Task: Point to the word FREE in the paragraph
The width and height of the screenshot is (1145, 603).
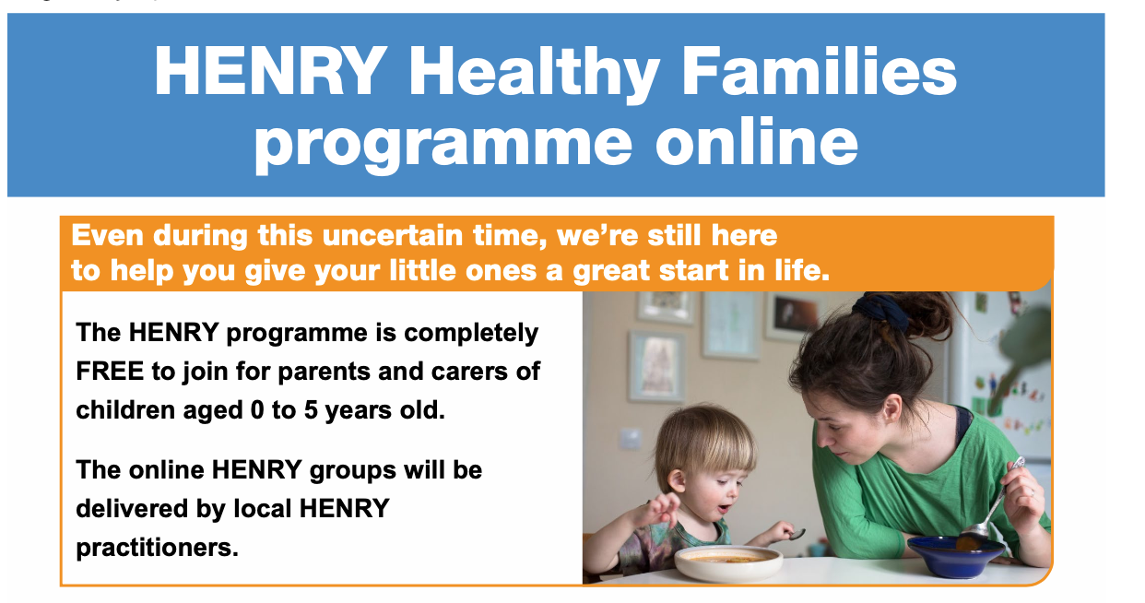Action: click(x=110, y=371)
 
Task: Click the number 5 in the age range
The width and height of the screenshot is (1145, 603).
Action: click(x=311, y=409)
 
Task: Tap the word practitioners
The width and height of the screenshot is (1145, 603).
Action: click(x=158, y=549)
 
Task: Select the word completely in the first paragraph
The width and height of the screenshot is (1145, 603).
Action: click(x=471, y=334)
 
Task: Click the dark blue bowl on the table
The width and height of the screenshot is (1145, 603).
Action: click(x=955, y=555)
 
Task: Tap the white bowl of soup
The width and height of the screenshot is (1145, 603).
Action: click(x=728, y=563)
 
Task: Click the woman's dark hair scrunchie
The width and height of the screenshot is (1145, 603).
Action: click(x=880, y=310)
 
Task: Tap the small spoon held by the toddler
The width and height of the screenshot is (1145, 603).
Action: click(x=797, y=534)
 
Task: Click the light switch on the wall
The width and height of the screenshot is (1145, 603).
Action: click(x=631, y=439)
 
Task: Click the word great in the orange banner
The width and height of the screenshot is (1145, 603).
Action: click(x=611, y=272)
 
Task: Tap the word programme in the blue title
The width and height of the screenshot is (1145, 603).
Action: click(x=443, y=144)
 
